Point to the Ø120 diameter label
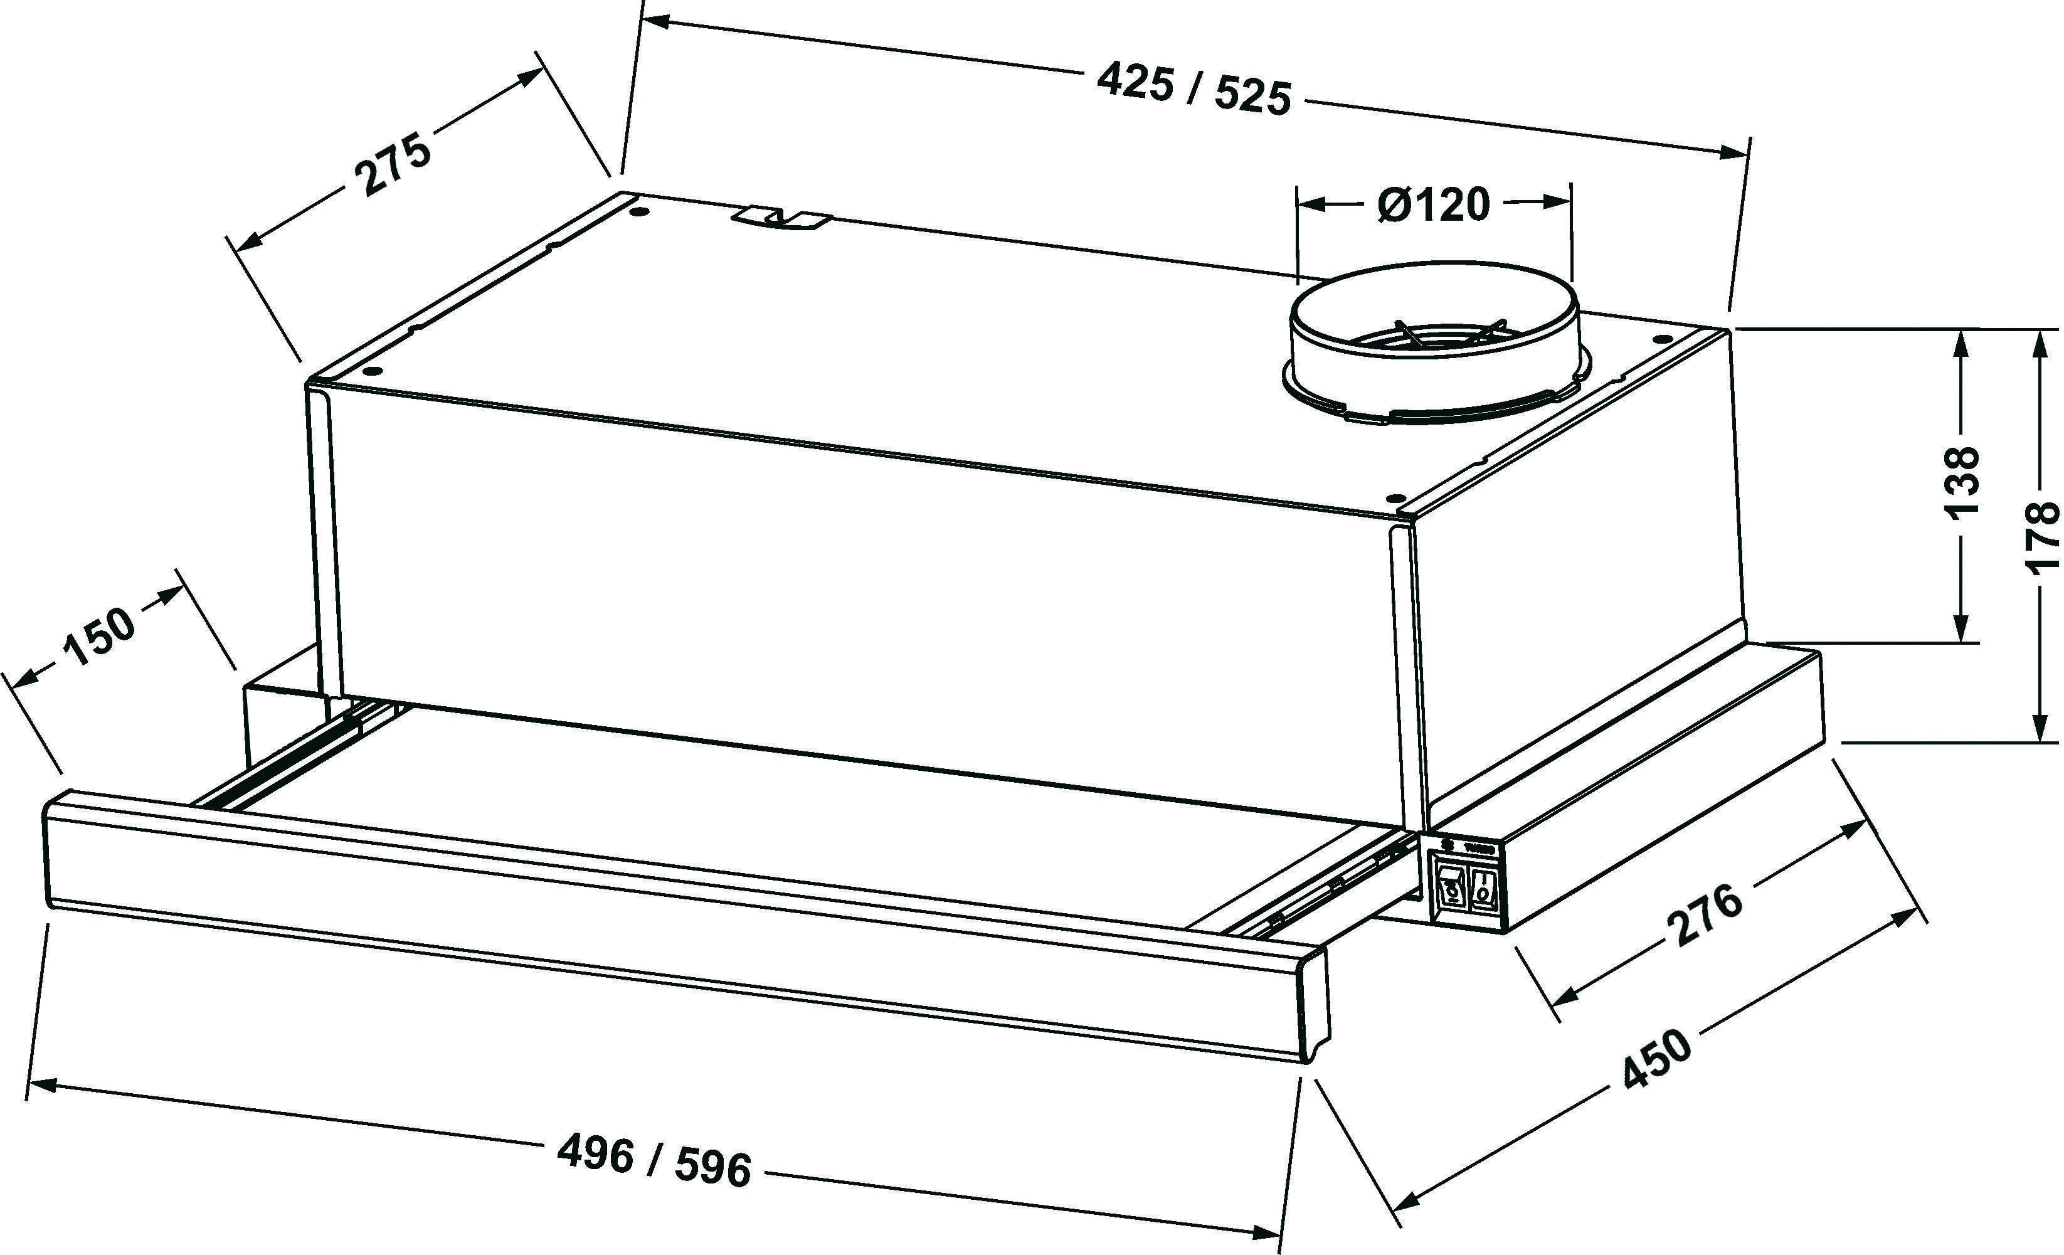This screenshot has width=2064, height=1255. click(1433, 204)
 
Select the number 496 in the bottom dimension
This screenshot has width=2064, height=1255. click(596, 1155)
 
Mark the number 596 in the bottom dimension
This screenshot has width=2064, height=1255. click(712, 1167)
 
